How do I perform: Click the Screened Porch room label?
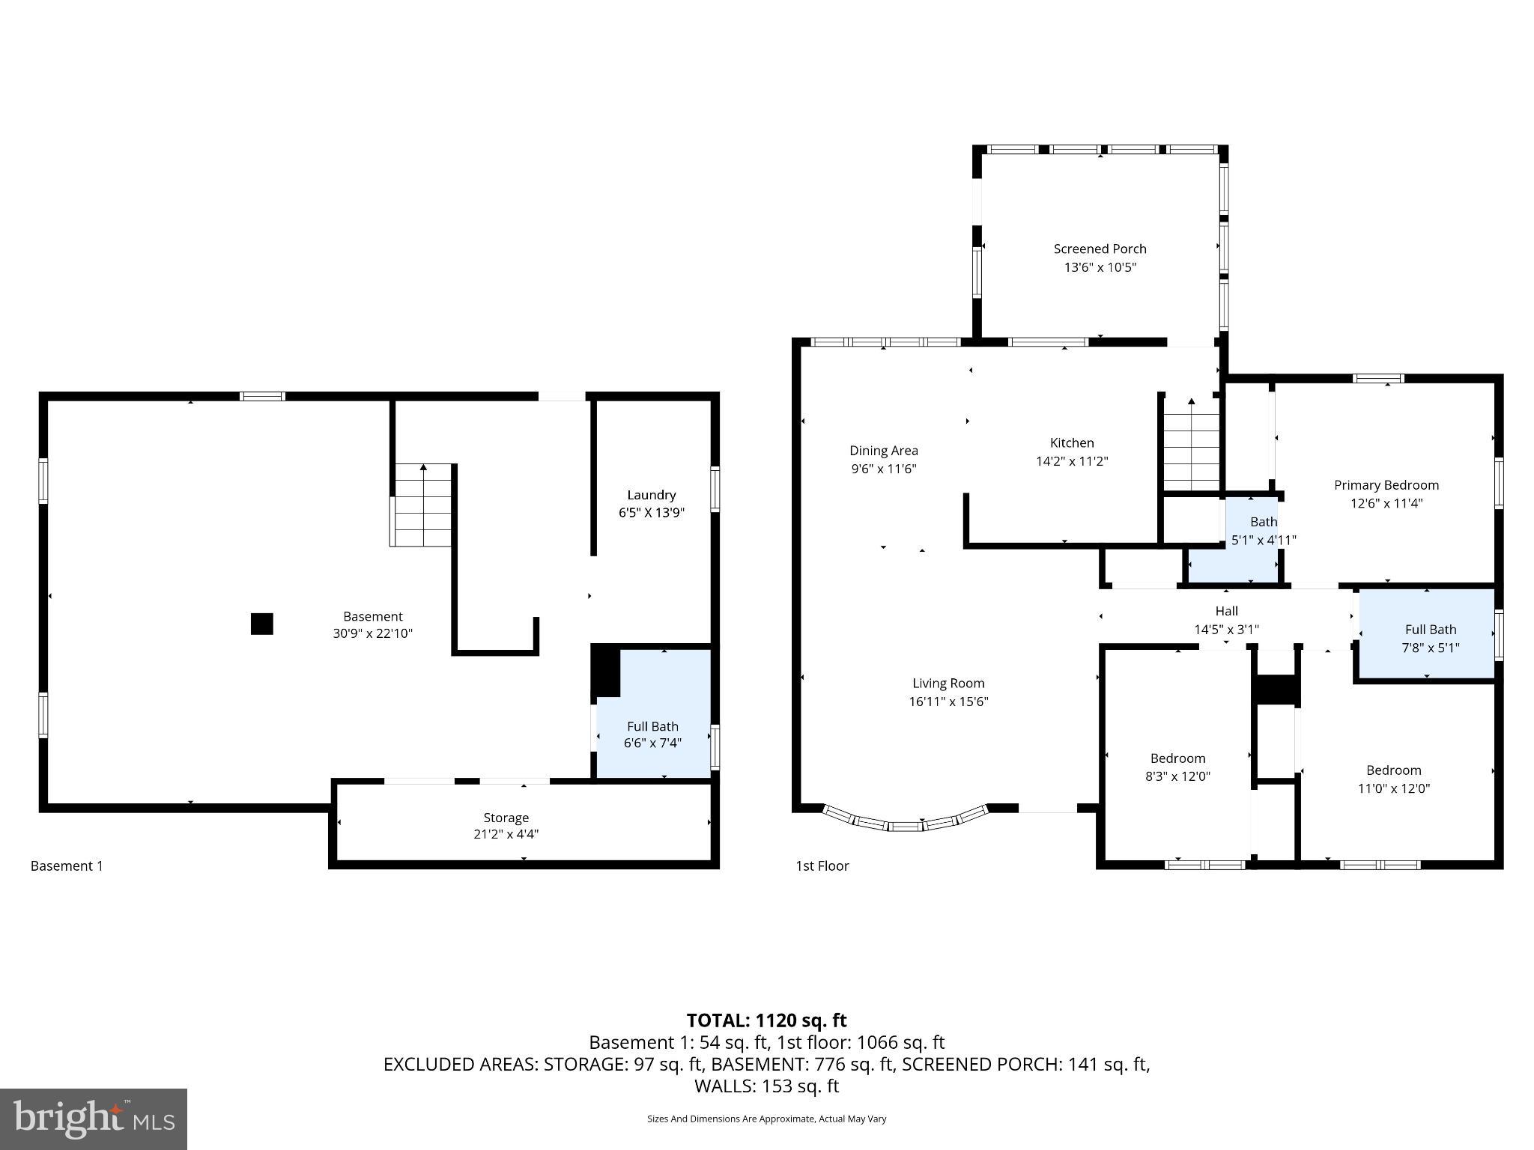click(1100, 249)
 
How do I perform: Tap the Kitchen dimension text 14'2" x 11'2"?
click(1071, 462)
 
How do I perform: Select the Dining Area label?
click(883, 451)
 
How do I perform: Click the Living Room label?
click(948, 684)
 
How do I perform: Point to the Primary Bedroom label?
click(1386, 485)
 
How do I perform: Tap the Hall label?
click(1226, 611)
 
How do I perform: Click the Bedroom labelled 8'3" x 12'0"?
click(1177, 767)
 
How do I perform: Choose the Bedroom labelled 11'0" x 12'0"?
click(1393, 779)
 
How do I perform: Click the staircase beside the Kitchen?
click(1191, 449)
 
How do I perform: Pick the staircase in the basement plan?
click(422, 506)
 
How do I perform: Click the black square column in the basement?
click(261, 624)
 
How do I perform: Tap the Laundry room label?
click(651, 495)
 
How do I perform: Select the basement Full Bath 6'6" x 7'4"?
click(652, 734)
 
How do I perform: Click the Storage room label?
click(506, 818)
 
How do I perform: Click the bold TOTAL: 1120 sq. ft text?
click(766, 1020)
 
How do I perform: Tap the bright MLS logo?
click(94, 1119)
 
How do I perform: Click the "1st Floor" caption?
click(822, 866)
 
